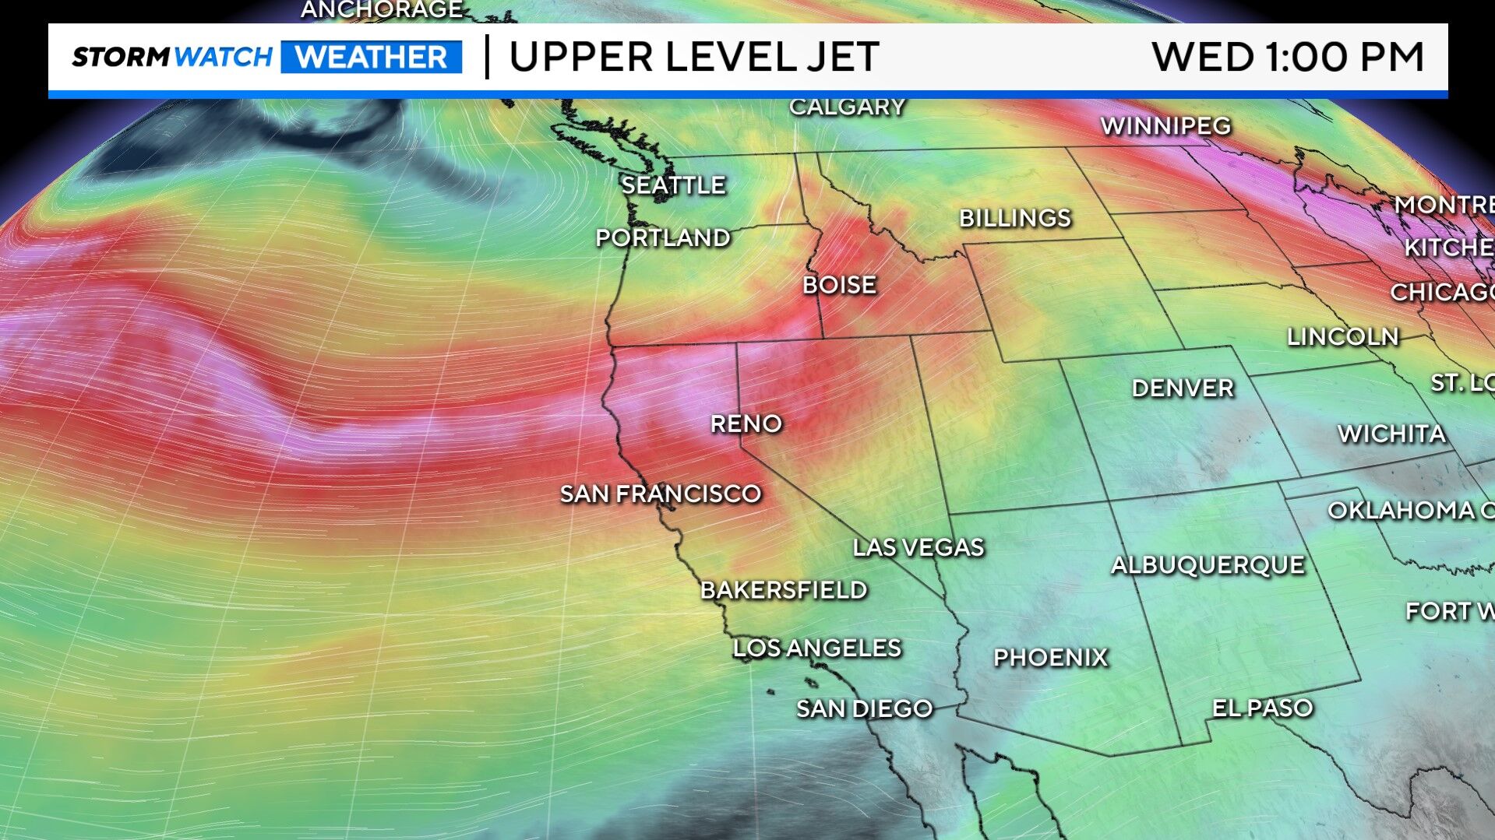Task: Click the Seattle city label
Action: pos(673,185)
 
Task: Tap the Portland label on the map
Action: pos(663,237)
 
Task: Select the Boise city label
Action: pos(839,285)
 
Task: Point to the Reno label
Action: pos(746,424)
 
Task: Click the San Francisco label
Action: pos(661,494)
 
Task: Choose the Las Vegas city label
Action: pos(919,547)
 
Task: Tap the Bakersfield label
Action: pos(784,590)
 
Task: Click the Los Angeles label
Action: pos(817,648)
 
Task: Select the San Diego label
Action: pos(864,708)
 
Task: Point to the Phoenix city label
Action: pos(1050,658)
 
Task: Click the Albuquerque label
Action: pos(1208,565)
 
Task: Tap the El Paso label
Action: pos(1262,708)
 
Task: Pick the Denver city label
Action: pos(1183,388)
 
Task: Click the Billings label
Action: pos(1015,218)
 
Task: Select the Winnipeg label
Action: pos(1165,125)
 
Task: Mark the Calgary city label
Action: pos(847,107)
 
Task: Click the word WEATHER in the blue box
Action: pos(372,58)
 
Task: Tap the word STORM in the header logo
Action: pos(121,57)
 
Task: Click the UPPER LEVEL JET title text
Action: pos(693,58)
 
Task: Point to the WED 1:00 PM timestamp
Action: pos(1287,58)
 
